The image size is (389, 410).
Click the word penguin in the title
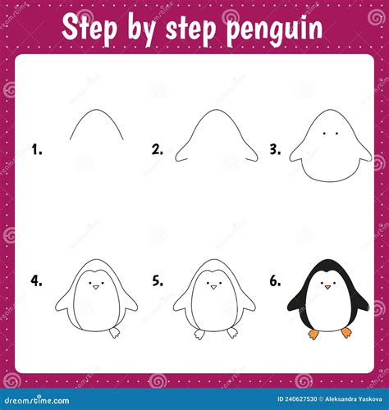pos(275,30)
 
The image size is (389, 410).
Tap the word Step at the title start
pos(89,27)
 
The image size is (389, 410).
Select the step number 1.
pos(37,150)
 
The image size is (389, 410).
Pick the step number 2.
pos(158,150)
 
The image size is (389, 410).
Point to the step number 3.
pos(275,149)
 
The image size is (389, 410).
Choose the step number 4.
pos(36,280)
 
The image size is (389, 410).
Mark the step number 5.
pos(158,280)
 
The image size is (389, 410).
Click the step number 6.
pos(275,280)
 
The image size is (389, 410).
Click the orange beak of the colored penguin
pos(327,287)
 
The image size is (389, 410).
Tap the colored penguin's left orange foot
pos(313,334)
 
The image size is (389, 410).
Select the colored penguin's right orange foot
pos(346,333)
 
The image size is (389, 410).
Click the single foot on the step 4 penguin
pos(115,332)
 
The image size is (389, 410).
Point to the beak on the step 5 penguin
pos(213,287)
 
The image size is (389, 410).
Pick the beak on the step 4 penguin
pos(95,287)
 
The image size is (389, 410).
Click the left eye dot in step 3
pos(324,134)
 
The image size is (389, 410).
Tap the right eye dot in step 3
pos(336,134)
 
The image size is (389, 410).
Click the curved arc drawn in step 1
pos(96,110)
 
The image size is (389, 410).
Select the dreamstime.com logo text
pos(37,400)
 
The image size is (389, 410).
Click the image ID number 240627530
pos(300,399)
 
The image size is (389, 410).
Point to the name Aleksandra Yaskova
pos(354,399)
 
